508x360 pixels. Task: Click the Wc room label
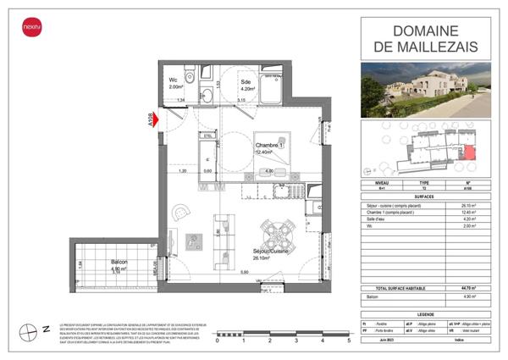(x=174, y=81)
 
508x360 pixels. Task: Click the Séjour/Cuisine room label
(x=269, y=254)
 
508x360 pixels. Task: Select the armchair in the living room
(x=180, y=213)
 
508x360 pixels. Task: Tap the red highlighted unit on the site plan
(x=469, y=152)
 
